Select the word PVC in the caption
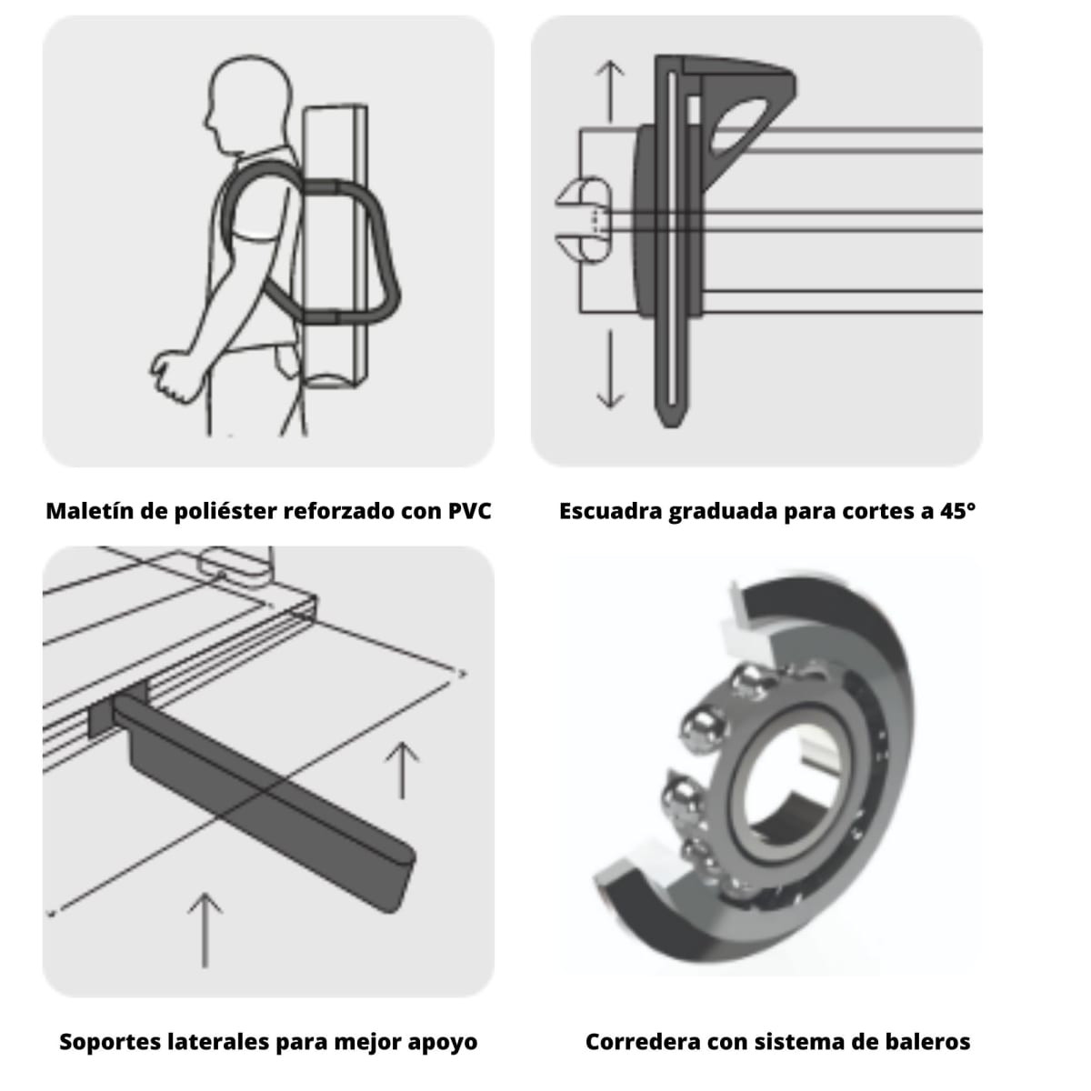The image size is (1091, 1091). (469, 511)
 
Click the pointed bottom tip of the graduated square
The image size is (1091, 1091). (670, 419)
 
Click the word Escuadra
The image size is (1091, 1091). (610, 511)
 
